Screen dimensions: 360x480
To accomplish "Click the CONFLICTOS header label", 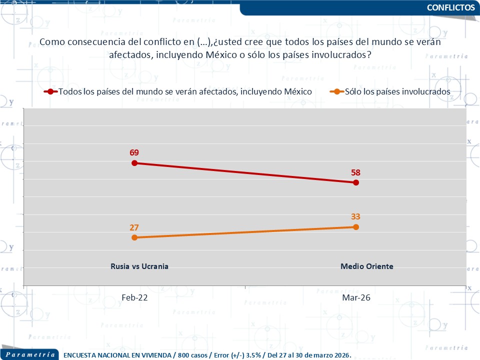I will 451,7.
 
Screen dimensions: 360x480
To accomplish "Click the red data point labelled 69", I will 134,163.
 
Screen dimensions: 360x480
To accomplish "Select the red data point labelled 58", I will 356,182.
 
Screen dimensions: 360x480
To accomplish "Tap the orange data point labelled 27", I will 134,237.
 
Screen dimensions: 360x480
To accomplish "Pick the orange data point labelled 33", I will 356,227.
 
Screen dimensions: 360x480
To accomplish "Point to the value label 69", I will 134,152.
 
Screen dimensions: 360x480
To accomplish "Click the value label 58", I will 355,172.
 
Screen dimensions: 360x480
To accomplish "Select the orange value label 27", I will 134,227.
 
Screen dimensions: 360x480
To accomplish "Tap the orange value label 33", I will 355,216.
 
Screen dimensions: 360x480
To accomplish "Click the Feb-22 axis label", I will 134,297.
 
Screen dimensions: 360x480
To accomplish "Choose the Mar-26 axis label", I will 356,297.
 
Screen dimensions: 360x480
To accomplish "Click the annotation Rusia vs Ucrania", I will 139,266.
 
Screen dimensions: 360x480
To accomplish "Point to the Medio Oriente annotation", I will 367,266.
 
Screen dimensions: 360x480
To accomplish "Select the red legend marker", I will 50,91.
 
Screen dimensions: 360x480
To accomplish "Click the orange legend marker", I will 337,91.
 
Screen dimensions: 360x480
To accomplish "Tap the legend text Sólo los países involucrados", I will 398,91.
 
